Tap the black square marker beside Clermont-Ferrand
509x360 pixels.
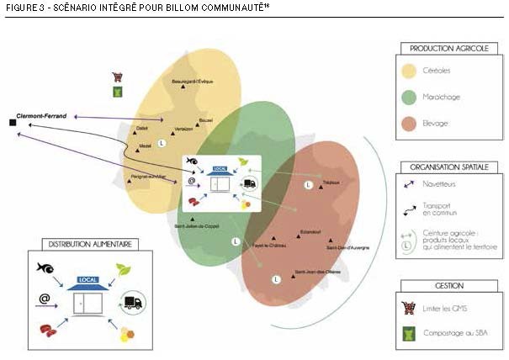tap(13, 124)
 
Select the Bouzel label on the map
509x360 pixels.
tap(206, 120)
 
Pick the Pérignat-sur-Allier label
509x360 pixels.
tap(146, 177)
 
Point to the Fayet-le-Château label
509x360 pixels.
tap(268, 244)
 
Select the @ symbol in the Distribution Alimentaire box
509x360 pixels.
tap(44, 299)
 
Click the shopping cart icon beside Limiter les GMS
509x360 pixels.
tap(410, 307)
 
